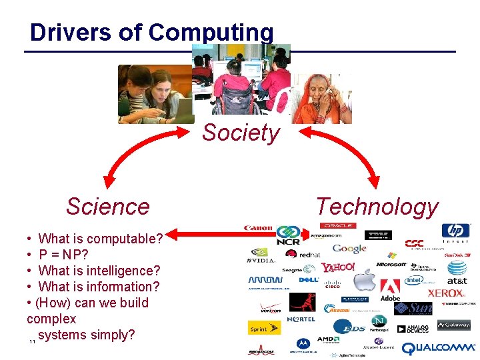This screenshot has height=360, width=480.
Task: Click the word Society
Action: [241, 133]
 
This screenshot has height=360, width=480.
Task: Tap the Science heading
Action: [107, 207]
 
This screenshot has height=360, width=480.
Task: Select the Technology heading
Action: [377, 207]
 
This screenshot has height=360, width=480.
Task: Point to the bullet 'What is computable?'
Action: [100, 238]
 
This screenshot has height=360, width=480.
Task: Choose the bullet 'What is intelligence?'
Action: [99, 271]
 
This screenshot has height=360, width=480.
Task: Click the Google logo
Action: [349, 249]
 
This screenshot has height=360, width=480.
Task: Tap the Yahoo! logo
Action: [338, 267]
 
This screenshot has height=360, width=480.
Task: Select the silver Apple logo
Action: [364, 281]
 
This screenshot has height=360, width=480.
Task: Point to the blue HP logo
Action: [455, 232]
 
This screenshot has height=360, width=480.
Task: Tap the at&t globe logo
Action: [457, 269]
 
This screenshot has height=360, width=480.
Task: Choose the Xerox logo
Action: [446, 293]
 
